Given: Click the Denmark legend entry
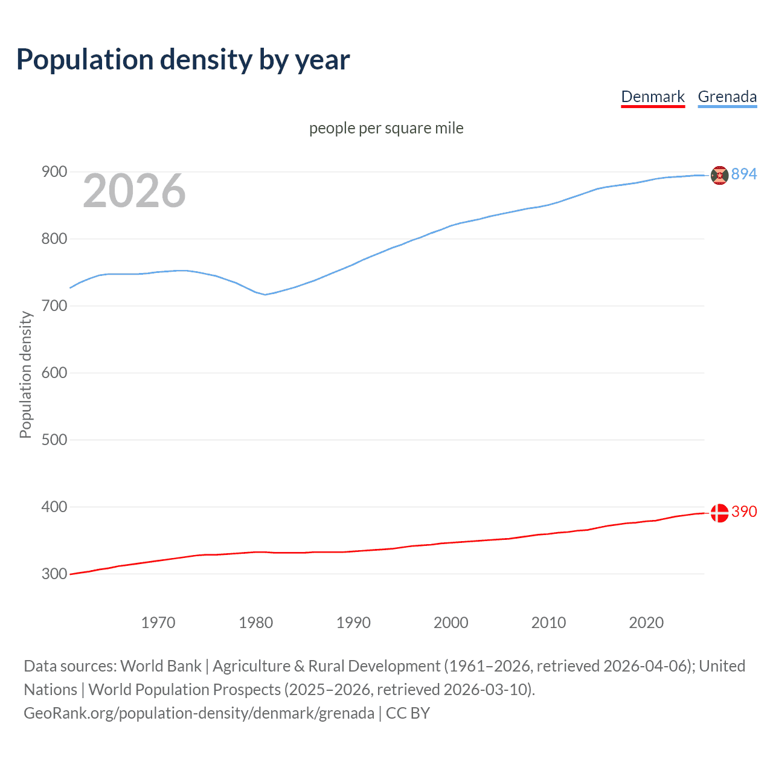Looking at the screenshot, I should (652, 97).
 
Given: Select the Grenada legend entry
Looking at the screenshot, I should (727, 97).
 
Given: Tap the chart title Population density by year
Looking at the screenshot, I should (183, 59).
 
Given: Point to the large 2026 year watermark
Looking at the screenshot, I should (134, 191).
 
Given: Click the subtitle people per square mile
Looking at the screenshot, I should (386, 128).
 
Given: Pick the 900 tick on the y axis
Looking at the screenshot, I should (54, 172).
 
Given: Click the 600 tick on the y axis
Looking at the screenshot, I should (54, 373).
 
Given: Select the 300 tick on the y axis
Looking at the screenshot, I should (54, 574).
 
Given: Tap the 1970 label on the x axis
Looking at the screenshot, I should (158, 623).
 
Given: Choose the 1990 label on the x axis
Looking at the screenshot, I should (353, 623).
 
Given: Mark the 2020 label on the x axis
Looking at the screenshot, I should (646, 623).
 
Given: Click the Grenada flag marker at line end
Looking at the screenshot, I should (719, 175).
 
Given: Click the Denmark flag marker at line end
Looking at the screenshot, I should (719, 513).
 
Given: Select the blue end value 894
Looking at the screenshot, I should (744, 174).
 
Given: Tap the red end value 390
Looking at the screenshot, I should (744, 512).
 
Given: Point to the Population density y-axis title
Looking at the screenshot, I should (25, 374).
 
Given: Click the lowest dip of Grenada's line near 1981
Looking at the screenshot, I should (265, 295).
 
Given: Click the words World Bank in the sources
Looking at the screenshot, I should (161, 666).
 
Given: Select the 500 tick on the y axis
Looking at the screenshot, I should (54, 440).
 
